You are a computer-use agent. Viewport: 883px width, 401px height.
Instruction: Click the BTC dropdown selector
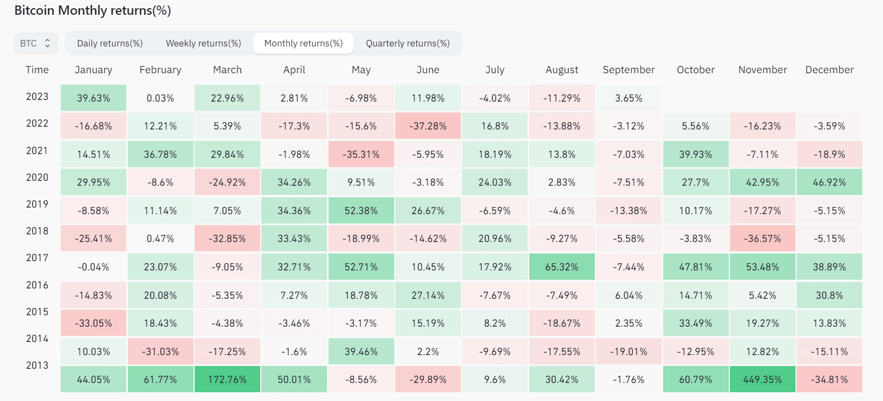36,43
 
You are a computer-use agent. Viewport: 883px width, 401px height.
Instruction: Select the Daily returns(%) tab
109,43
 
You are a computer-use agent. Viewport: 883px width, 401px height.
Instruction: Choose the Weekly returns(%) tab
203,43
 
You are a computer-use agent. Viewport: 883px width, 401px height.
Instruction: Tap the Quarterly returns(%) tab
408,43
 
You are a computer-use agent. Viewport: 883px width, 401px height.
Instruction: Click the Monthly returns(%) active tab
303,43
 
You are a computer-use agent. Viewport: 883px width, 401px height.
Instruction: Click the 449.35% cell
762,379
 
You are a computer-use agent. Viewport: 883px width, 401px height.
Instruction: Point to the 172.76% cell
227,379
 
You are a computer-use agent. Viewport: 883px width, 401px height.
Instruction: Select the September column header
628,70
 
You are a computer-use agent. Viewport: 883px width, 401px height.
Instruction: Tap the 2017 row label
37,258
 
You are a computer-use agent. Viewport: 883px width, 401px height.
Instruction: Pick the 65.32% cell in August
562,267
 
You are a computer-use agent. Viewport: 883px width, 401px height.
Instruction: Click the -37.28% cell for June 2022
428,126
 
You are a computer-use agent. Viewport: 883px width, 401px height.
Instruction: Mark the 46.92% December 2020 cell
829,182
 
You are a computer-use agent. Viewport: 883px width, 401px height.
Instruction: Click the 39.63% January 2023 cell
93,98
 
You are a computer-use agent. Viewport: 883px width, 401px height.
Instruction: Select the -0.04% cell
93,267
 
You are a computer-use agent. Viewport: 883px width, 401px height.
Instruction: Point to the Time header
37,70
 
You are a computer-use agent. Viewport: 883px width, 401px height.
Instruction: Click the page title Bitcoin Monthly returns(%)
92,10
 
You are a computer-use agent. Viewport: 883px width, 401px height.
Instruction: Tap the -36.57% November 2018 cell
762,239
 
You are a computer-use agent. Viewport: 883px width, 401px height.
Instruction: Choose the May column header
361,70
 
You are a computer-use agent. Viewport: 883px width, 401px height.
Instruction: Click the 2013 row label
37,365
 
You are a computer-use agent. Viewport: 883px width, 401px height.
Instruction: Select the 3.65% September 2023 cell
628,98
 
